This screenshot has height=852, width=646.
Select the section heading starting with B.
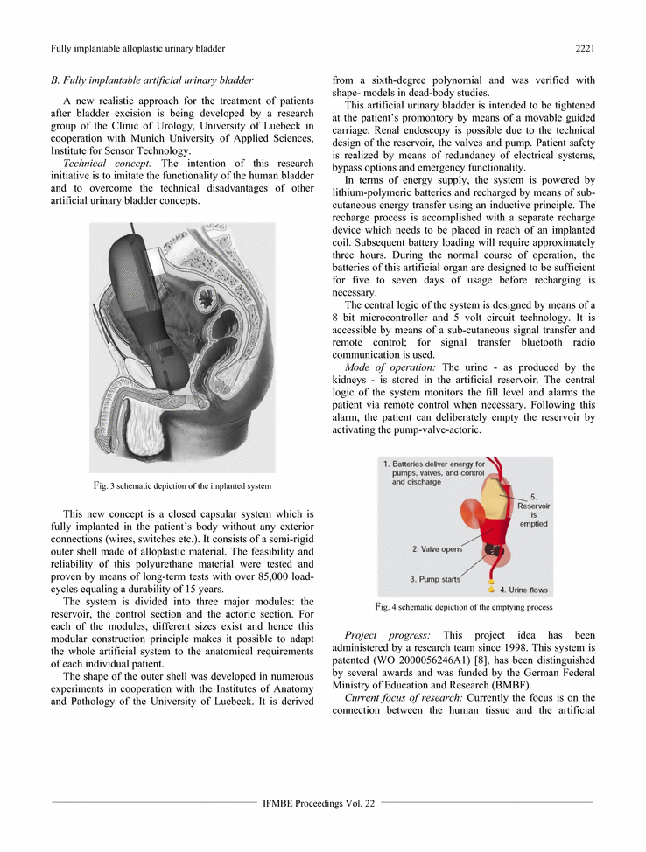pos(152,80)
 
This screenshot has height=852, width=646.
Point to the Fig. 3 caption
pos(182,485)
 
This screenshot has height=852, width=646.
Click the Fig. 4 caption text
pos(463,606)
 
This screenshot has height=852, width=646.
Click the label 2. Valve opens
pos(439,549)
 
